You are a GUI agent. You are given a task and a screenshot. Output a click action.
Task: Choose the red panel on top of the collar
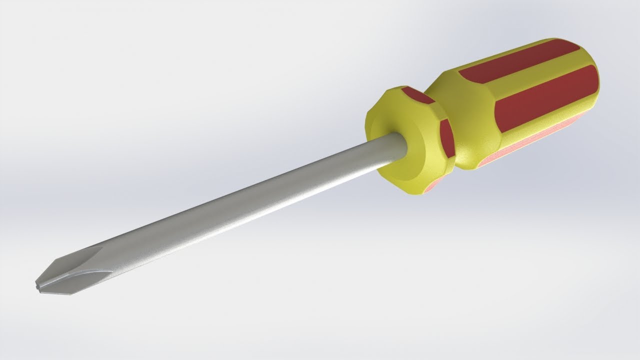417,94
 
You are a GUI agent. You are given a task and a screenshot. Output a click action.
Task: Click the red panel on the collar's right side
446,136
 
